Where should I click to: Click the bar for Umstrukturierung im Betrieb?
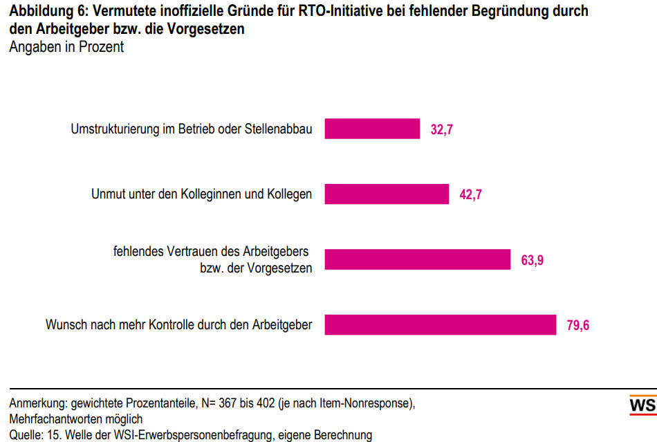point(372,129)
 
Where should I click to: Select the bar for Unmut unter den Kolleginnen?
point(387,194)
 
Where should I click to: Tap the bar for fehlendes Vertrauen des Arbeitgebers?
point(417,259)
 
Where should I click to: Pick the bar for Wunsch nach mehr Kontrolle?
point(440,324)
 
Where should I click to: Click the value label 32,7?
point(442,129)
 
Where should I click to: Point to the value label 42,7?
point(471,194)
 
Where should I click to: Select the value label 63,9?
point(532,260)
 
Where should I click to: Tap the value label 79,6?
point(578,325)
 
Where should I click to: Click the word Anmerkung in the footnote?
point(38,403)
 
